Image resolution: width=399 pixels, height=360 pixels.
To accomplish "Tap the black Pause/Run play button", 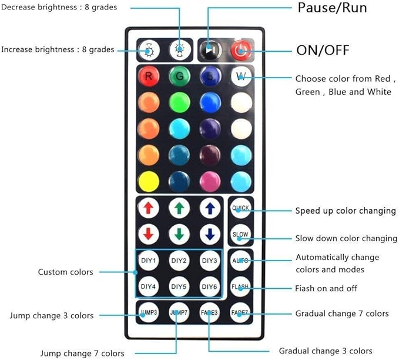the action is (x=210, y=49).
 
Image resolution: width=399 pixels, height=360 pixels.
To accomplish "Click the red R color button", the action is (x=149, y=76).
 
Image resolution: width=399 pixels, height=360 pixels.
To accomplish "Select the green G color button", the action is (x=179, y=76).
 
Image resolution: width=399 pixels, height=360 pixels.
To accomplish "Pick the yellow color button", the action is (x=149, y=181).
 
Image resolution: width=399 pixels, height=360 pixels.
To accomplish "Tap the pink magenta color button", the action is (x=210, y=181).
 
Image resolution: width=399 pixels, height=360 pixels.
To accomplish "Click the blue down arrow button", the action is (x=210, y=234).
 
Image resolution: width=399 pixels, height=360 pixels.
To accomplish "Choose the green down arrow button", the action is (x=179, y=234).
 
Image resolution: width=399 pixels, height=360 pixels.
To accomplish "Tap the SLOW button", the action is (x=240, y=234).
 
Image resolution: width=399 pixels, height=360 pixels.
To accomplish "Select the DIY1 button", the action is (x=148, y=261).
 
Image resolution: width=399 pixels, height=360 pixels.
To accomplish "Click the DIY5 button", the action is (x=179, y=286).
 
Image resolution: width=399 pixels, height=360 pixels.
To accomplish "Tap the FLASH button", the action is (x=240, y=286).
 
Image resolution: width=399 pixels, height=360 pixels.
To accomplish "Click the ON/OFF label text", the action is (x=323, y=50).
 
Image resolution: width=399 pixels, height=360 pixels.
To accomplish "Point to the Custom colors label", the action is (x=65, y=272).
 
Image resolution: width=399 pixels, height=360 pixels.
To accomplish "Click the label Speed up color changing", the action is (x=346, y=211).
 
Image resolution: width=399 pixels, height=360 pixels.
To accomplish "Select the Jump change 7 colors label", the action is (x=82, y=354).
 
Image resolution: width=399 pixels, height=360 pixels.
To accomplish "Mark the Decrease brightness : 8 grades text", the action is (x=59, y=7).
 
